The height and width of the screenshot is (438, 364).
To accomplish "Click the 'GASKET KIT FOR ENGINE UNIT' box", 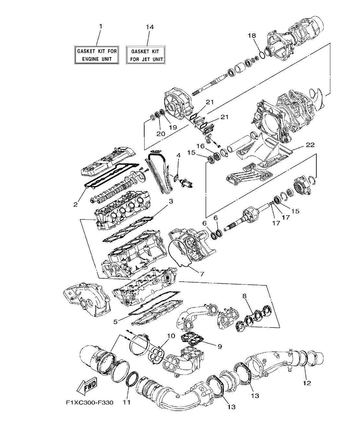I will point(97,55).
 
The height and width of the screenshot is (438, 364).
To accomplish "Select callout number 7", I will point(202,274).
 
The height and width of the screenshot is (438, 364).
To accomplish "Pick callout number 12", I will point(307,383).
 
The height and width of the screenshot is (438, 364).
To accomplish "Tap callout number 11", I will point(126,402).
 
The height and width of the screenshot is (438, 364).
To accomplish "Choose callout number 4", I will point(178,156).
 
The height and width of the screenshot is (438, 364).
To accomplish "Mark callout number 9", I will point(219,347).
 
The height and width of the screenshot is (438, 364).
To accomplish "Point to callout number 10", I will point(171,336).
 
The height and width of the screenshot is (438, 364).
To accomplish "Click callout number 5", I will point(116,322).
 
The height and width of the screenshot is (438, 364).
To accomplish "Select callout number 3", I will point(170,201).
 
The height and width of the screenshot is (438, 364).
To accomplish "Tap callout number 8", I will point(244,296).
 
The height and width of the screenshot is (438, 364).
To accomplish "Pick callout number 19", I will point(172,127).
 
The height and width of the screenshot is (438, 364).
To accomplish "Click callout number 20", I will point(161,133).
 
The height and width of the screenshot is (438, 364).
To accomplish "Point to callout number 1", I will point(100,26).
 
